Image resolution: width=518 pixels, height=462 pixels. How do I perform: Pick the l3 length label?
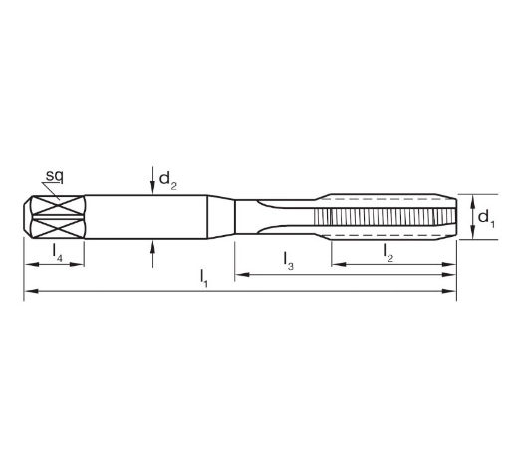pos(288,262)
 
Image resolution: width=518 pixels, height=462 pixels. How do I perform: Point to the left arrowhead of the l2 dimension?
pos(338,265)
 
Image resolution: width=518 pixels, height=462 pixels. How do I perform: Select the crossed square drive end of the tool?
pos(55,215)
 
